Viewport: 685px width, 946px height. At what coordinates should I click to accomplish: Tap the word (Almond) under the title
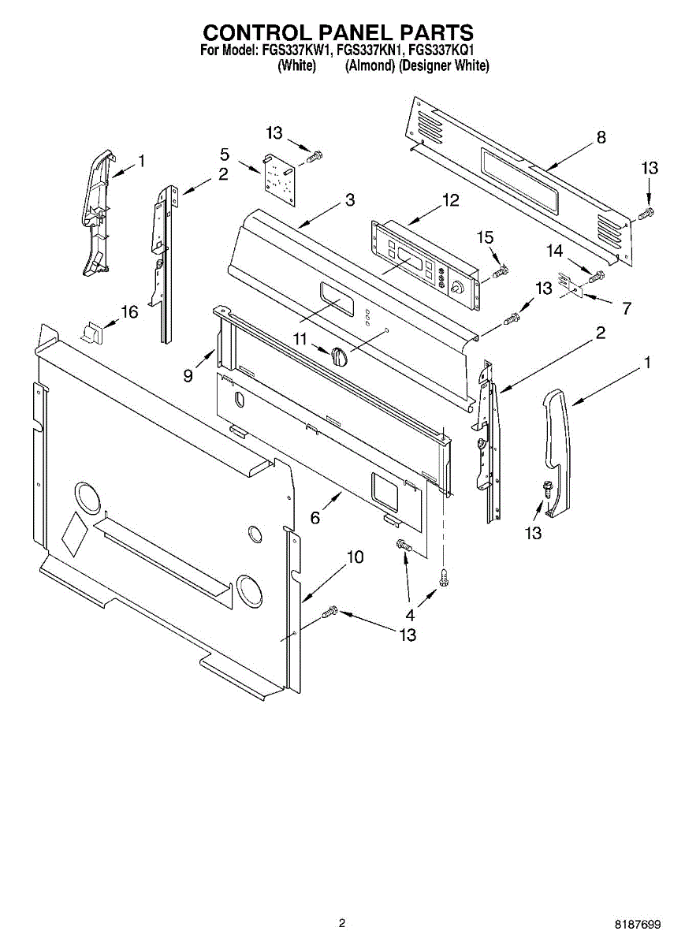pyautogui.click(x=370, y=66)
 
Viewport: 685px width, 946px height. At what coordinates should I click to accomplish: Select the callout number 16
pyautogui.click(x=128, y=312)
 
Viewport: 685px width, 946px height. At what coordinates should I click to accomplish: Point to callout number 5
pyautogui.click(x=225, y=154)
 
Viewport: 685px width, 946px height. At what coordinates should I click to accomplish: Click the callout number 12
pyautogui.click(x=449, y=200)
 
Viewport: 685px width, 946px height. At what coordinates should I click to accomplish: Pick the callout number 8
pyautogui.click(x=601, y=137)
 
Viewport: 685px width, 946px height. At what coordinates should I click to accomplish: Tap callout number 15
pyautogui.click(x=485, y=237)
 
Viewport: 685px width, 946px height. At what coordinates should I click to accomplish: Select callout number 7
pyautogui.click(x=627, y=308)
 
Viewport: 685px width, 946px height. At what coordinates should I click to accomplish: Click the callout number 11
pyautogui.click(x=299, y=338)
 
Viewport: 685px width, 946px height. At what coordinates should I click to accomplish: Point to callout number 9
pyautogui.click(x=188, y=375)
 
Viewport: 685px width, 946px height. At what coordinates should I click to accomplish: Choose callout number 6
pyautogui.click(x=315, y=517)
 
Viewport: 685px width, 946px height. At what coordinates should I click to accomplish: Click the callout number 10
pyautogui.click(x=355, y=557)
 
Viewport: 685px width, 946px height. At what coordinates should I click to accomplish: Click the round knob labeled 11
pyautogui.click(x=339, y=356)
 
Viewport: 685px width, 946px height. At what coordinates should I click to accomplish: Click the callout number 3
pyautogui.click(x=350, y=199)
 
